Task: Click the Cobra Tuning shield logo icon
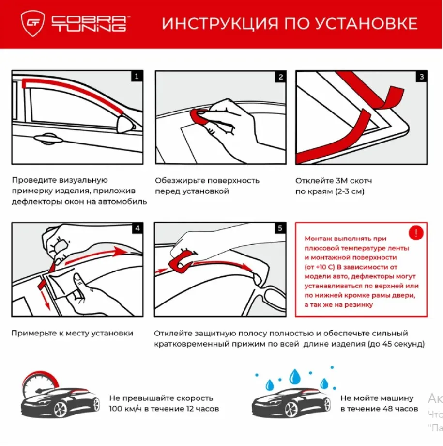pos(32,24)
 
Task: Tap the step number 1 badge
pos(137,76)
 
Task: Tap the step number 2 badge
pos(280,77)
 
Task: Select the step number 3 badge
pos(421,77)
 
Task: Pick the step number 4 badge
pos(137,228)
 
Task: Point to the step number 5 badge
pos(280,228)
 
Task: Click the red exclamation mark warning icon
pos(415,233)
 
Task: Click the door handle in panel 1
pos(46,139)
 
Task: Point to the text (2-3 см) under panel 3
pos(347,191)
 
